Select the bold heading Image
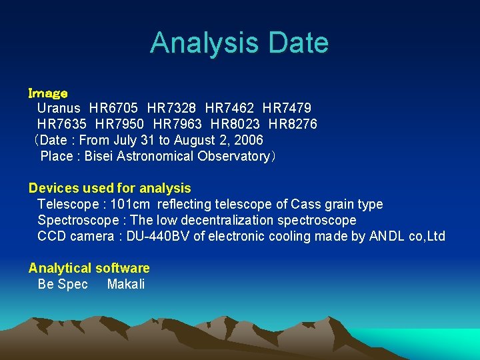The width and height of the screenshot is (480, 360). pyautogui.click(x=48, y=93)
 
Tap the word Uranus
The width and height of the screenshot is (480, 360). pyautogui.click(x=59, y=108)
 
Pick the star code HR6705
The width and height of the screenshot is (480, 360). pyautogui.click(x=113, y=108)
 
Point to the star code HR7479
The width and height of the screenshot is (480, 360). pyautogui.click(x=287, y=108)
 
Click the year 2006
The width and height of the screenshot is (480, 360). pyautogui.click(x=248, y=140)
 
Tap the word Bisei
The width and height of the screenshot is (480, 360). pyautogui.click(x=99, y=156)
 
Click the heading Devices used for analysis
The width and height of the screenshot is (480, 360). pyautogui.click(x=110, y=188)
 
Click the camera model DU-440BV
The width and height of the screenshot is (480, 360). pyautogui.click(x=157, y=236)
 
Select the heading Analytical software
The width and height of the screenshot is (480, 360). pyautogui.click(x=89, y=268)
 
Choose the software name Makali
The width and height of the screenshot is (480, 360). pyautogui.click(x=125, y=284)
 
